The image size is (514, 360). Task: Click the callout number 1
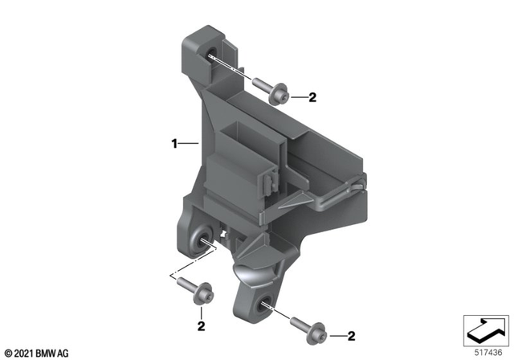173,145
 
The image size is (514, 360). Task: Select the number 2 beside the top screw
312,98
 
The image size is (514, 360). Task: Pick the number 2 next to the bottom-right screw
350,335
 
